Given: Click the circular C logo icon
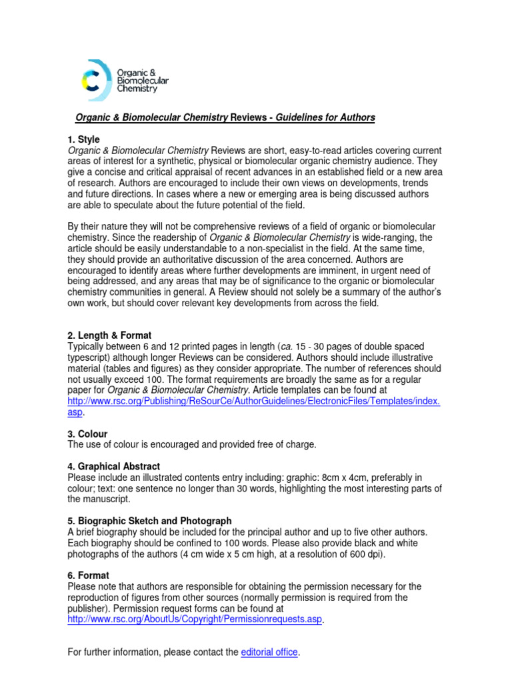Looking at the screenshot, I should pos(95,76).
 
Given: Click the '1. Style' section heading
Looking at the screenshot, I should pos(84,139).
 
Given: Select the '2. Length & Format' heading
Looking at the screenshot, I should pos(109,335).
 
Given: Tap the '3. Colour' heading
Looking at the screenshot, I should pos(87,434).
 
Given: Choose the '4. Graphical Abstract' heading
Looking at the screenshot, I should pos(114,466).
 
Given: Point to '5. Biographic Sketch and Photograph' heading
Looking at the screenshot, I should pos(150,520).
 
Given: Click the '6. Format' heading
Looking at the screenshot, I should pos(89,575).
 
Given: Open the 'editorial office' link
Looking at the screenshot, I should pos(269,652).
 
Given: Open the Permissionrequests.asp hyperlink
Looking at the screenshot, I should pos(195,620).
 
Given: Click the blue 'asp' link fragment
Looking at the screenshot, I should pos(76,412).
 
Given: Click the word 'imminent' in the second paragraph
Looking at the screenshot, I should pos(353,270).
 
